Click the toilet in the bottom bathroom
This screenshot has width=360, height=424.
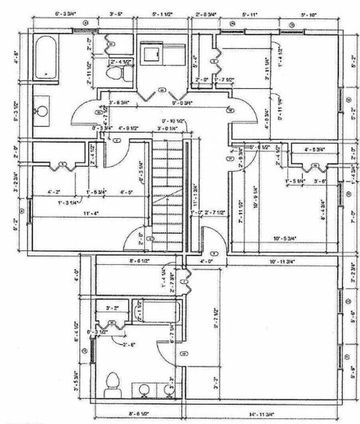112,382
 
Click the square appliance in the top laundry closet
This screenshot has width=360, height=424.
150,53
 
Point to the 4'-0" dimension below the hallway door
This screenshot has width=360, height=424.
206,260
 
